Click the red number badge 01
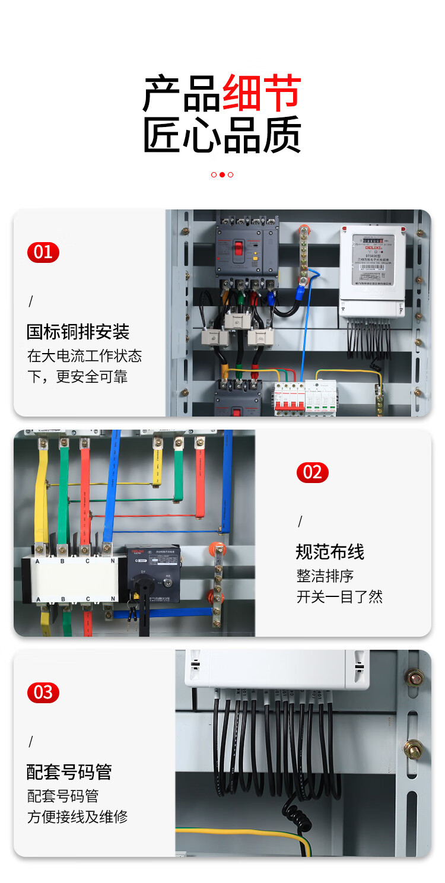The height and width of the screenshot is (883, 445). pyautogui.click(x=43, y=252)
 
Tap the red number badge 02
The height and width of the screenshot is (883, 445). pyautogui.click(x=312, y=472)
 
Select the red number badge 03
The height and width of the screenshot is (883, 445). pyautogui.click(x=43, y=692)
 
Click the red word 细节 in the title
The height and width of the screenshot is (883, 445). pyautogui.click(x=262, y=94)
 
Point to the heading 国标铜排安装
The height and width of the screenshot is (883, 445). pyautogui.click(x=78, y=331)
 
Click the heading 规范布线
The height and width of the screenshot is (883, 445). pyautogui.click(x=330, y=552)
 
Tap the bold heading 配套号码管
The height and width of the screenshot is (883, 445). pyautogui.click(x=69, y=771)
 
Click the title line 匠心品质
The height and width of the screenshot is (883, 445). pyautogui.click(x=223, y=135)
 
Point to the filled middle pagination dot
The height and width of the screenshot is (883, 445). pyautogui.click(x=222, y=174)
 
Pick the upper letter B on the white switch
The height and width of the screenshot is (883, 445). pyautogui.click(x=63, y=561)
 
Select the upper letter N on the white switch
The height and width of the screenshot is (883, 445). pyautogui.click(x=112, y=561)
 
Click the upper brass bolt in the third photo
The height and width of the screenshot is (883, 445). pyautogui.click(x=414, y=676)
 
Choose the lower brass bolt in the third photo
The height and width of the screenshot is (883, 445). pyautogui.click(x=414, y=748)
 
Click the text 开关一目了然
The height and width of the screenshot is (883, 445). pyautogui.click(x=339, y=596)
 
